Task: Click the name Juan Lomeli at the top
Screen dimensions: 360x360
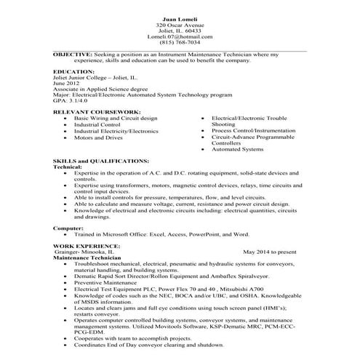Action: tap(180, 17)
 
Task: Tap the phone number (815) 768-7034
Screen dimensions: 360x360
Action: tap(180, 42)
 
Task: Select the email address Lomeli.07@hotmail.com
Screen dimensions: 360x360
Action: tap(180, 36)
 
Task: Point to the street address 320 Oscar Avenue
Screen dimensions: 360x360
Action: tap(180, 24)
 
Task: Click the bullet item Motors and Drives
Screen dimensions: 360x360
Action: tap(97, 137)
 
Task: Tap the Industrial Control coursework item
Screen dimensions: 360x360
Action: tap(96, 124)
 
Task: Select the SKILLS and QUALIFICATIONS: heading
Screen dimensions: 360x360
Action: tap(101, 161)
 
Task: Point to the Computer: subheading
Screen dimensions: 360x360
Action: tap(68, 228)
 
